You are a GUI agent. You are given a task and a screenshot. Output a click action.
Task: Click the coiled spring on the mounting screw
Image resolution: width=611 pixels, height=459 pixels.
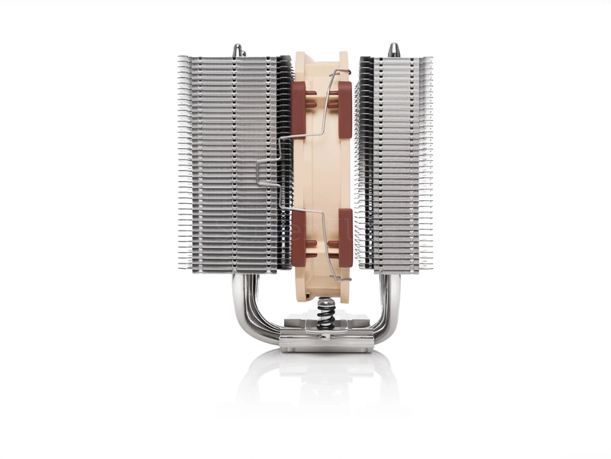click(x=326, y=310)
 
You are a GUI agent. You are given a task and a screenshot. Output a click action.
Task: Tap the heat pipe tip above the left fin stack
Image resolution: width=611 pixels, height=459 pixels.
click(x=238, y=50)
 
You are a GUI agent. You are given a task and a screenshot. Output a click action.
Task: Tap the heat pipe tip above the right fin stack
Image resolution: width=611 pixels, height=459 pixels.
click(x=393, y=50)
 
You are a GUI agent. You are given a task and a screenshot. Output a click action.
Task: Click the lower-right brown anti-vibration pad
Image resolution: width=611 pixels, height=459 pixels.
click(x=344, y=238)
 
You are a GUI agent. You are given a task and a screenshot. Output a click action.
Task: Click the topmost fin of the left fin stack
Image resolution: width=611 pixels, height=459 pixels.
click(x=233, y=58)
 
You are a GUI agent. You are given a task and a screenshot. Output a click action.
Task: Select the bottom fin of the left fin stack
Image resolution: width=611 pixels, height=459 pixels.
click(x=233, y=270)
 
